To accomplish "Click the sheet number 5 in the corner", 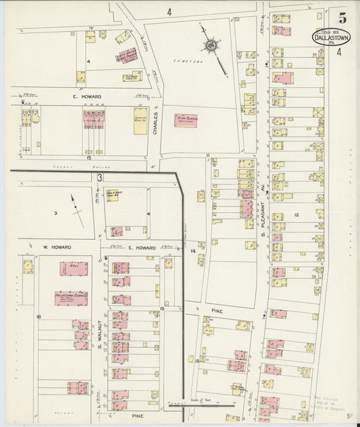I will pos(343,18).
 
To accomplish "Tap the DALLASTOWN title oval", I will pos(332,36).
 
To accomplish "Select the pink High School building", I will pos(186,120).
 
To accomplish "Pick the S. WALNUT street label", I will pos(99,337).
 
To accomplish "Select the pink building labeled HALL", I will pos(74,269).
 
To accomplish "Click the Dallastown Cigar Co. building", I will pos(71,297).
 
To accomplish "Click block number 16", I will pos(39,316).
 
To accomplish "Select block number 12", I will pos(296,214).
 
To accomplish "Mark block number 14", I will pos(192,251).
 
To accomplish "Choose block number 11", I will pos(209,157).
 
